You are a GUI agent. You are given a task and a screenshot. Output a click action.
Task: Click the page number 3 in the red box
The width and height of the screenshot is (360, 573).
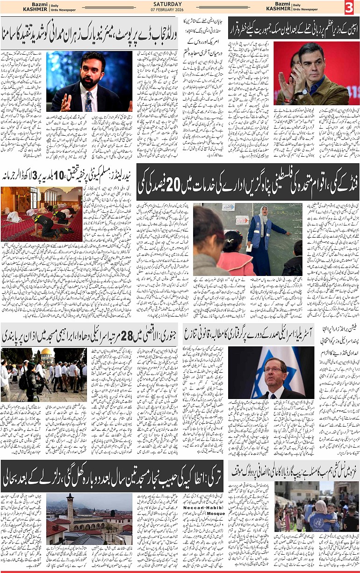(x=349, y=7)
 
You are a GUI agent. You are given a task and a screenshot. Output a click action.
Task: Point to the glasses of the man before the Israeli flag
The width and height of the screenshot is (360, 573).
(x=274, y=369)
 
